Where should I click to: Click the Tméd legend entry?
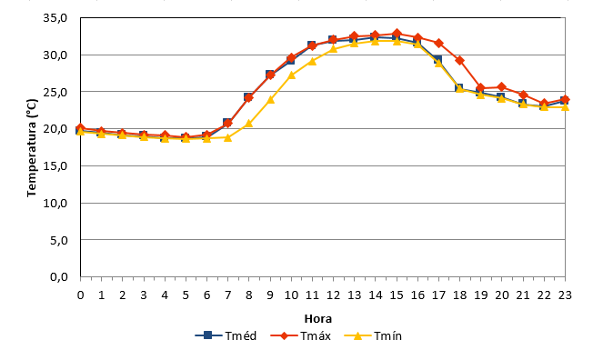click(x=226, y=335)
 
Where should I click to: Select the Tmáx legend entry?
click(x=301, y=335)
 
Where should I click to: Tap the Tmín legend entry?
click(x=373, y=335)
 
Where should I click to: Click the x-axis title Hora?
click(x=318, y=319)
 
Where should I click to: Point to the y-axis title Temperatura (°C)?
click(x=32, y=148)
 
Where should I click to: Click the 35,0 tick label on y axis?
click(x=55, y=18)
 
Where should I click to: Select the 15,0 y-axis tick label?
click(x=55, y=166)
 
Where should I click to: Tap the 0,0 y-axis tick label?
click(x=59, y=277)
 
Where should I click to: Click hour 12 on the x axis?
click(x=333, y=295)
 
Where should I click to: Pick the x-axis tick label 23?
click(x=565, y=295)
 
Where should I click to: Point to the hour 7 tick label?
click(x=228, y=295)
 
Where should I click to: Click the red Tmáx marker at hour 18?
click(x=459, y=60)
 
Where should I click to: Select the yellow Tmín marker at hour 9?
click(x=270, y=99)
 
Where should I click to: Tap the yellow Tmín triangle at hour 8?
click(x=249, y=124)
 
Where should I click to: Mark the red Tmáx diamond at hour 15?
click(x=397, y=34)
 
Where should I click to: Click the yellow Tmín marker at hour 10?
click(x=291, y=75)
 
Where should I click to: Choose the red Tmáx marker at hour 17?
click(x=438, y=43)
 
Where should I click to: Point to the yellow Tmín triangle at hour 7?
click(x=227, y=137)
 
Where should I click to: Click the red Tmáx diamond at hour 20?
click(x=501, y=87)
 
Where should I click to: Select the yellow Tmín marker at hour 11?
click(x=312, y=61)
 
